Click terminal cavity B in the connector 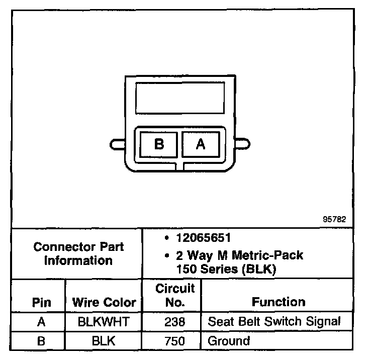tap(159, 144)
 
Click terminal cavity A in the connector tap(200, 144)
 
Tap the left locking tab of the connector tap(117, 144)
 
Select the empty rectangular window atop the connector tap(179, 98)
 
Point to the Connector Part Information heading tap(78, 254)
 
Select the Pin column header tap(41, 303)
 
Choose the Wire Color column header tap(104, 303)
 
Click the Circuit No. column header tap(174, 296)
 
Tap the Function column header tap(279, 302)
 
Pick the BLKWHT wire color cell tap(104, 322)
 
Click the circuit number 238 tap(174, 322)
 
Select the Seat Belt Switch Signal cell tap(274, 321)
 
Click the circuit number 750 tap(174, 341)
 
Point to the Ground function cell tap(229, 341)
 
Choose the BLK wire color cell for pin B tap(104, 341)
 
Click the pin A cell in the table tap(41, 322)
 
